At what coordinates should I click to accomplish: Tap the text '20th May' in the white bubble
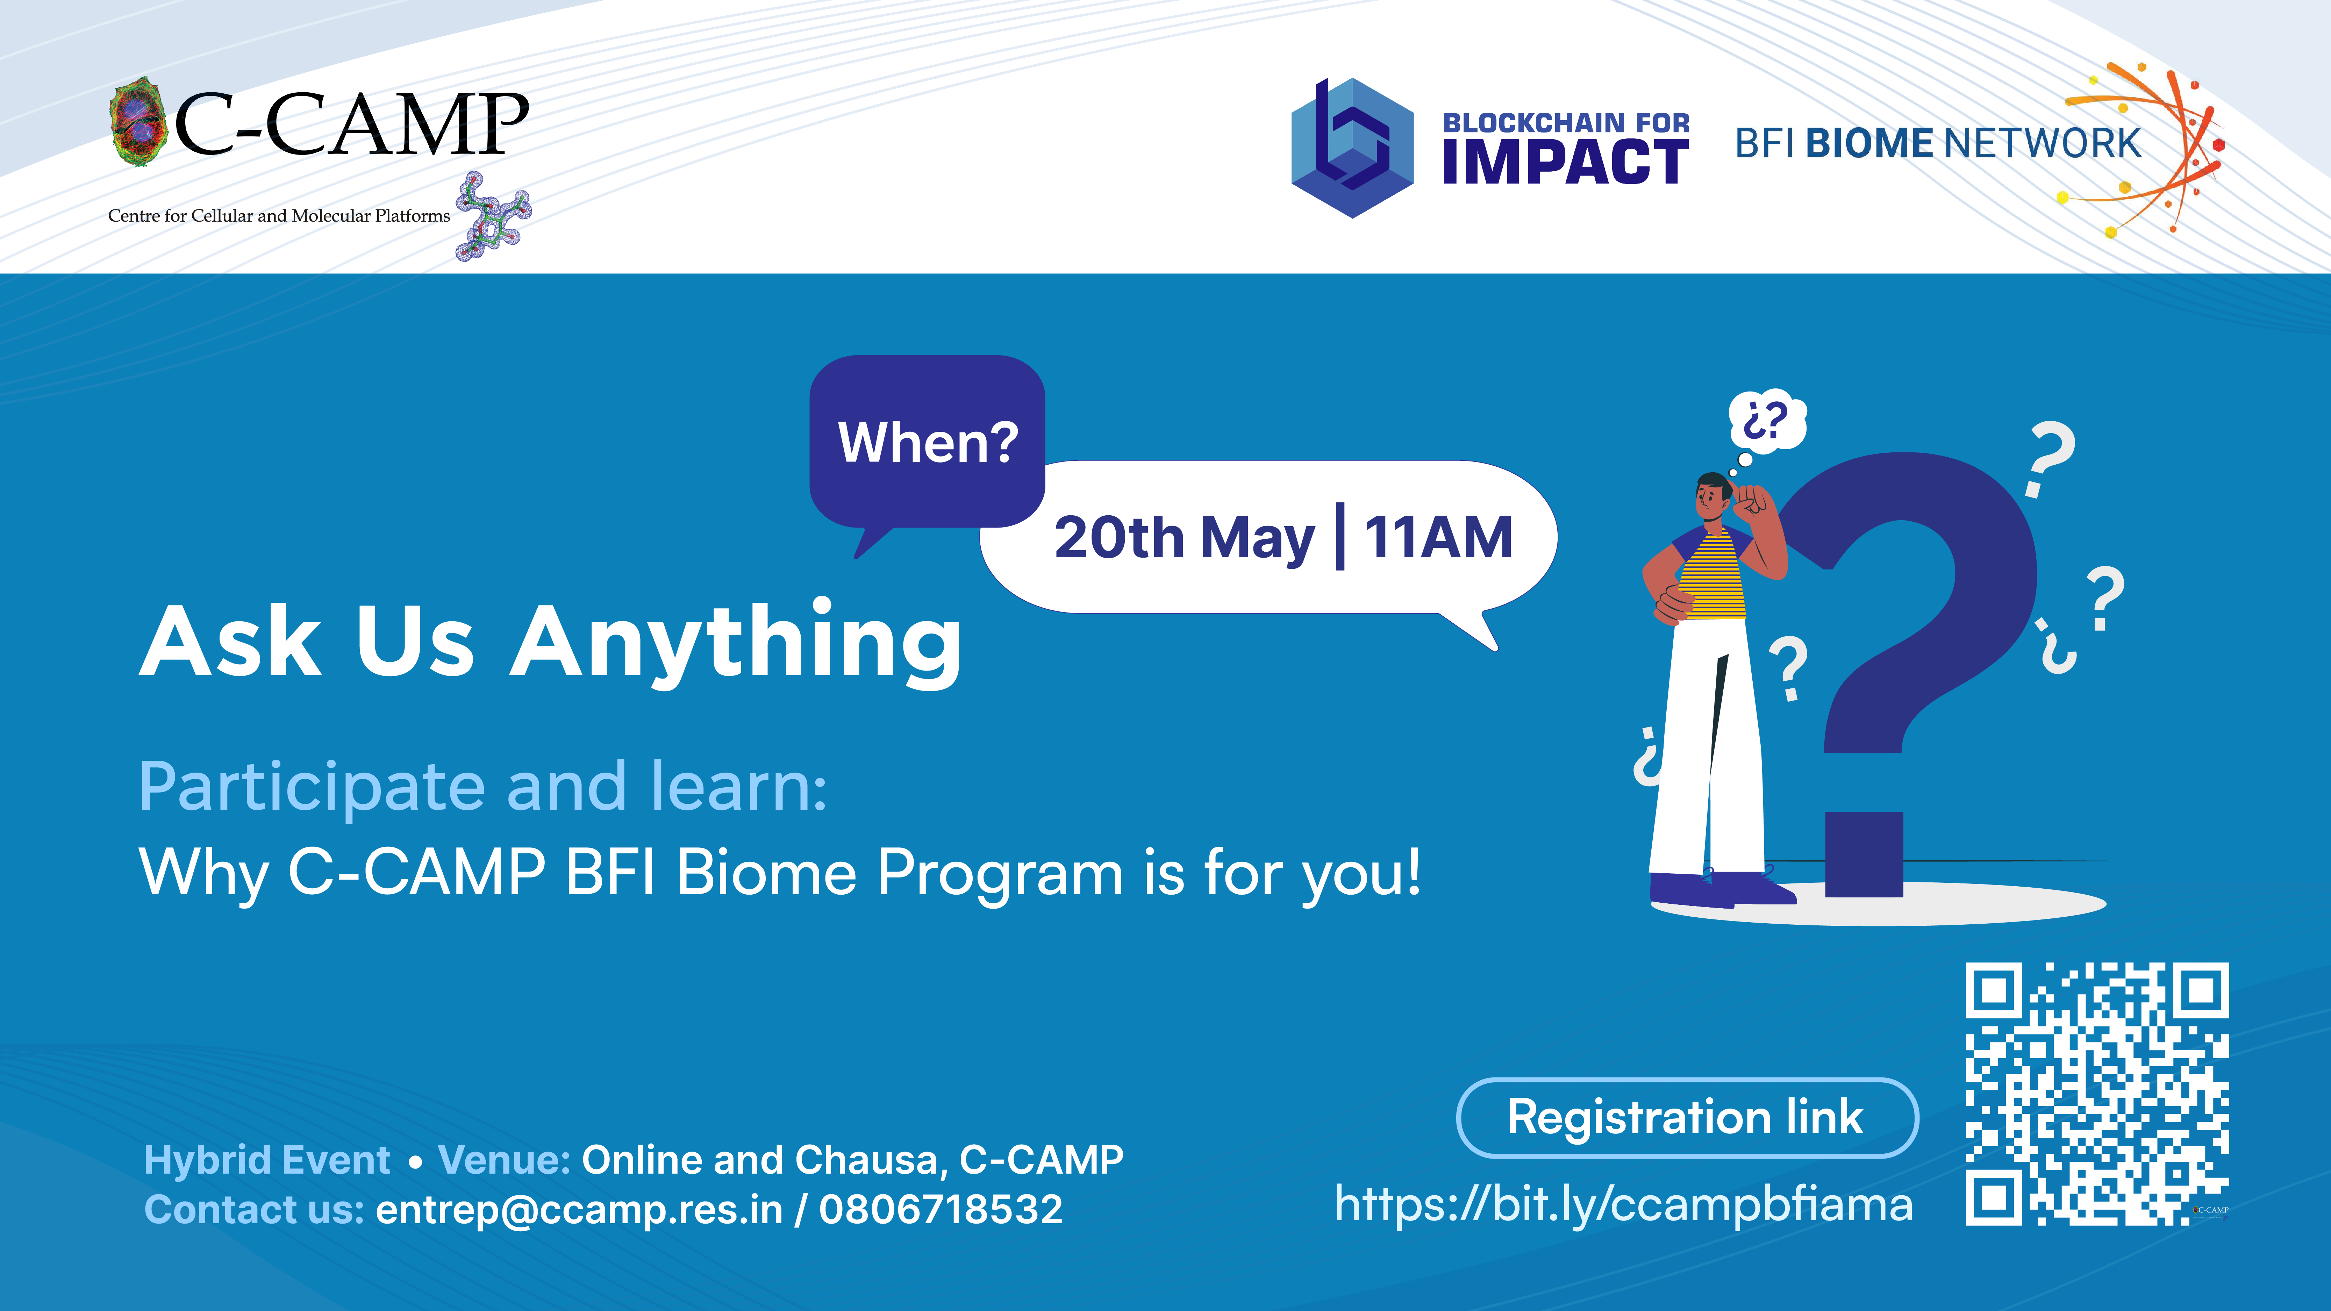click(1184, 538)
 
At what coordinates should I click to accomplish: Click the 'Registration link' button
click(1687, 1117)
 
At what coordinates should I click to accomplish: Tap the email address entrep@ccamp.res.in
click(579, 1210)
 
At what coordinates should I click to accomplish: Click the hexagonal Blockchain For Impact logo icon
click(1352, 148)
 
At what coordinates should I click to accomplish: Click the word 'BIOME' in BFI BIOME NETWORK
click(1869, 143)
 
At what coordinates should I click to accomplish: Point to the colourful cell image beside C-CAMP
click(138, 122)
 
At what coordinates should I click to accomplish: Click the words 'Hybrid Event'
click(267, 1160)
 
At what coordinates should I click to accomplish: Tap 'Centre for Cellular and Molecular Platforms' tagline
click(279, 215)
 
